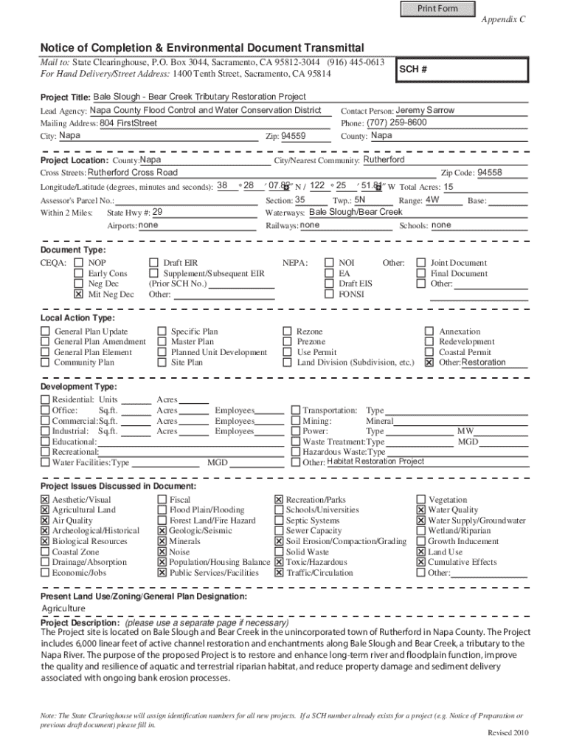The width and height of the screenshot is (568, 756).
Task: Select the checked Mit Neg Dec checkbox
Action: (x=78, y=294)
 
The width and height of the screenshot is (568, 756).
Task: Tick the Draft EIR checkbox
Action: (x=153, y=262)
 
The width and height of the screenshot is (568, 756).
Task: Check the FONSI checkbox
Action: (x=328, y=294)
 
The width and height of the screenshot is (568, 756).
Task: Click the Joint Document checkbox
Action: (x=421, y=262)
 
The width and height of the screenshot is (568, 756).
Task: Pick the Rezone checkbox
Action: (x=288, y=331)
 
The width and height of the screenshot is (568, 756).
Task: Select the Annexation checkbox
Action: (x=429, y=331)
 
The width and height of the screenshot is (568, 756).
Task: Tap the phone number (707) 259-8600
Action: (x=396, y=123)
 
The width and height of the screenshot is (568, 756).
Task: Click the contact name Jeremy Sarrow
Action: (x=425, y=110)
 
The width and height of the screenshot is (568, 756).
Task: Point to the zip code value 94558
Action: (x=490, y=172)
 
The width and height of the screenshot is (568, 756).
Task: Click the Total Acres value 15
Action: (x=448, y=187)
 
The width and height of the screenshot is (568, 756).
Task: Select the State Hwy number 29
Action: (x=157, y=212)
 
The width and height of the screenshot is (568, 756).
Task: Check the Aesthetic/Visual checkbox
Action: (x=45, y=500)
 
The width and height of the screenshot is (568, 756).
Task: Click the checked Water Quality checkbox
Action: (x=421, y=510)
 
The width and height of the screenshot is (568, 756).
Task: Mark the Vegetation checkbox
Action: (x=421, y=500)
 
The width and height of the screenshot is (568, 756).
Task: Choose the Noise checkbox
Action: (x=162, y=551)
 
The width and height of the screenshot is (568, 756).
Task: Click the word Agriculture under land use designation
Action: (x=63, y=608)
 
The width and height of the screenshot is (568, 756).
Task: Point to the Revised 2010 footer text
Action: (x=508, y=732)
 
